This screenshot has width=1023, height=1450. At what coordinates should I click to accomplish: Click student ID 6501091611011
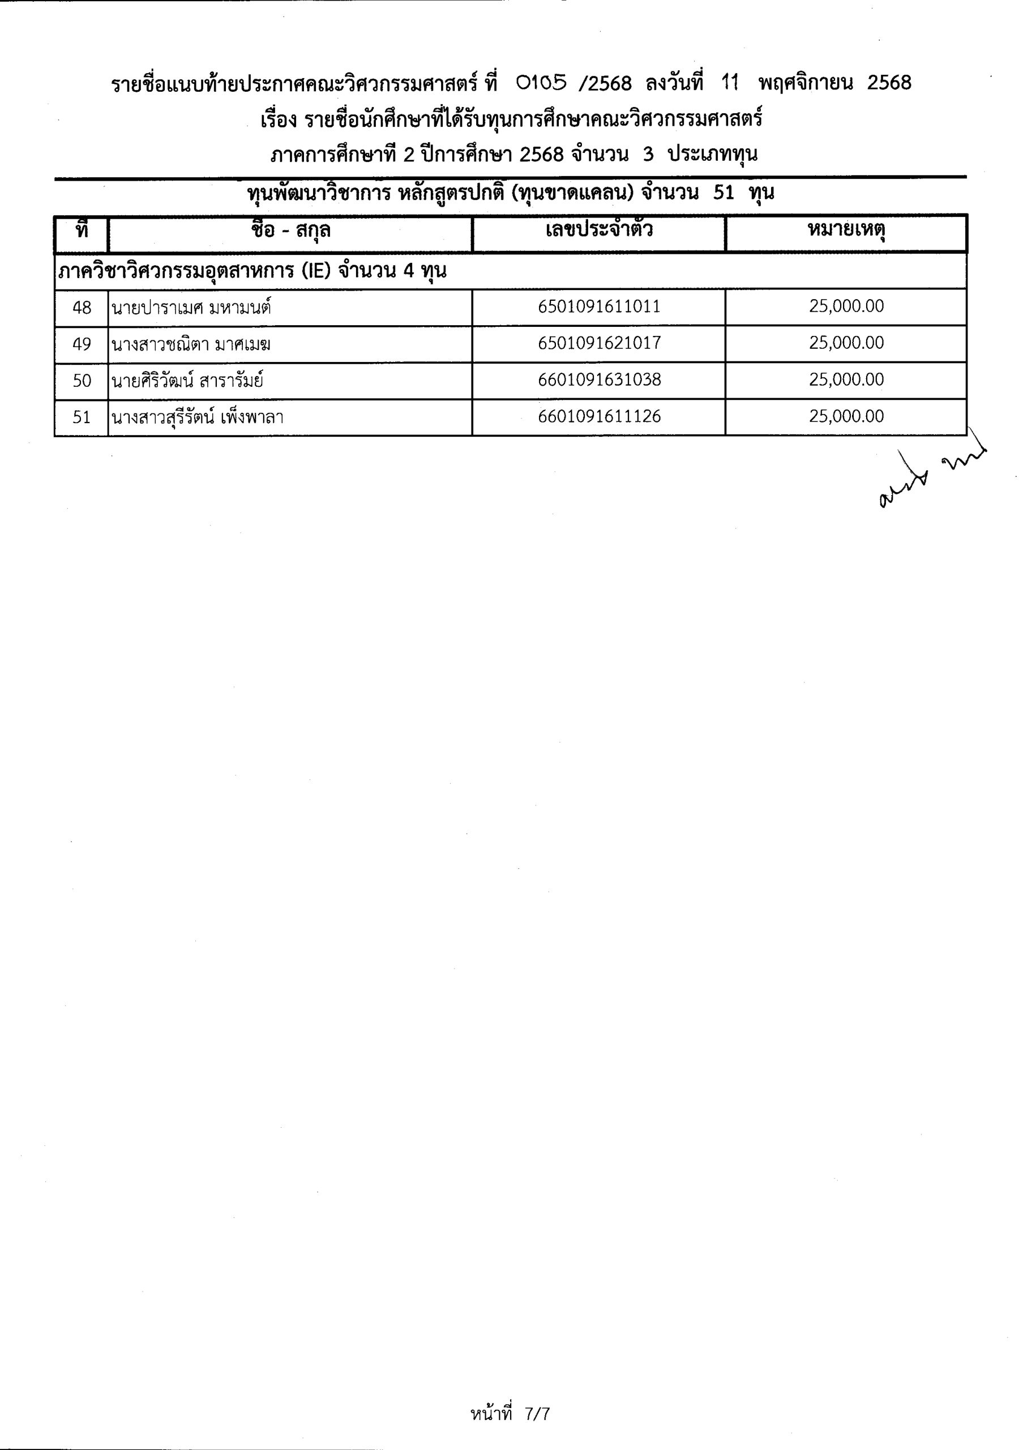coord(599,307)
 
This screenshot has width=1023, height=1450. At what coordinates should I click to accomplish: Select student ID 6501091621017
coord(599,344)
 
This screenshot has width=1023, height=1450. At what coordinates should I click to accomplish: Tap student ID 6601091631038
coord(599,380)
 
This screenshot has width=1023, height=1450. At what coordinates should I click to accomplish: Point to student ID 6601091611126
coord(599,417)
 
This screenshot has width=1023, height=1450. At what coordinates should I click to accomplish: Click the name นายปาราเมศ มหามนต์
coord(192,309)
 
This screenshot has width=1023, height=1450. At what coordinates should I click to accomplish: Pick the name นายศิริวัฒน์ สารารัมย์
coord(187,381)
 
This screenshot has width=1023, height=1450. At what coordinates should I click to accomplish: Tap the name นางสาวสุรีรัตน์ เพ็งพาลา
coord(197,418)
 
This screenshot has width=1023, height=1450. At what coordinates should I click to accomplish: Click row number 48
coord(82,308)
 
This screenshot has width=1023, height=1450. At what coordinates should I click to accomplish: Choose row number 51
coord(82,417)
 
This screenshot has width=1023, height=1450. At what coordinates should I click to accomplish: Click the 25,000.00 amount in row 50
coord(846,380)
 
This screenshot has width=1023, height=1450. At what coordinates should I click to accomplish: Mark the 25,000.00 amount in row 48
coord(846,307)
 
